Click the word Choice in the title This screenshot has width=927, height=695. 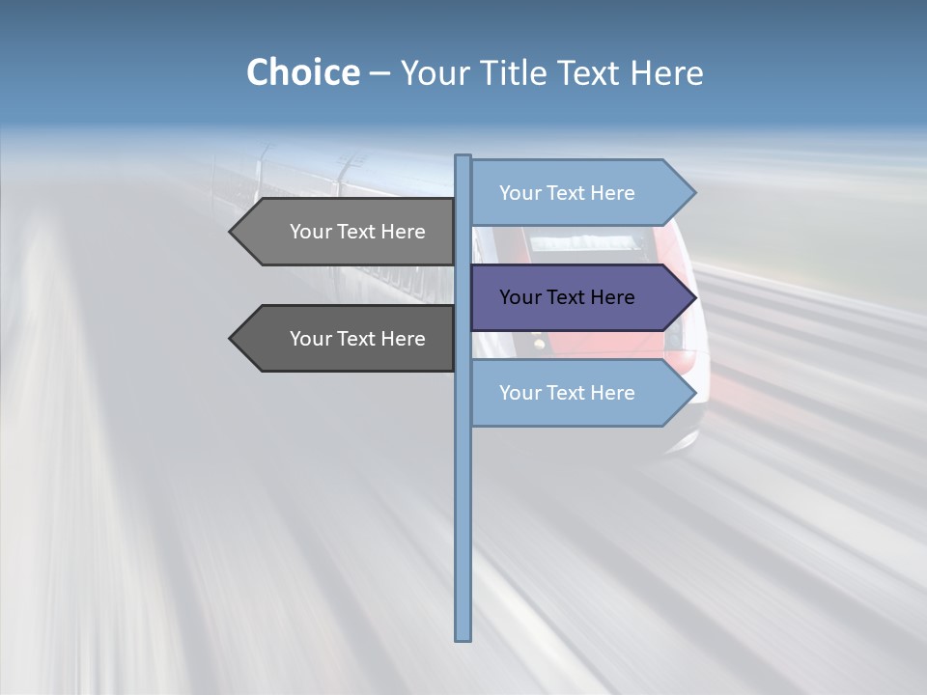(x=302, y=72)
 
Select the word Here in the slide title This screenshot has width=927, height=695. (x=666, y=72)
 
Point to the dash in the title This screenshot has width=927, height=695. (x=379, y=73)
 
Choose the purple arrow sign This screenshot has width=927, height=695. (x=579, y=297)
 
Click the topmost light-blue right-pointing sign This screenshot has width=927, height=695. (x=579, y=193)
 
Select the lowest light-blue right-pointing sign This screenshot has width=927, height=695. (x=579, y=393)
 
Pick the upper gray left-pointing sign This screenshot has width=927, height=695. (x=348, y=232)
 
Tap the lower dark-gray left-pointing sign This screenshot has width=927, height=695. (x=348, y=339)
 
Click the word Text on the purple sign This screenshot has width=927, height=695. (x=567, y=297)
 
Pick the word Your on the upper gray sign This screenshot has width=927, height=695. (x=311, y=232)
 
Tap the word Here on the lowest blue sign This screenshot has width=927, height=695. (x=612, y=393)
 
